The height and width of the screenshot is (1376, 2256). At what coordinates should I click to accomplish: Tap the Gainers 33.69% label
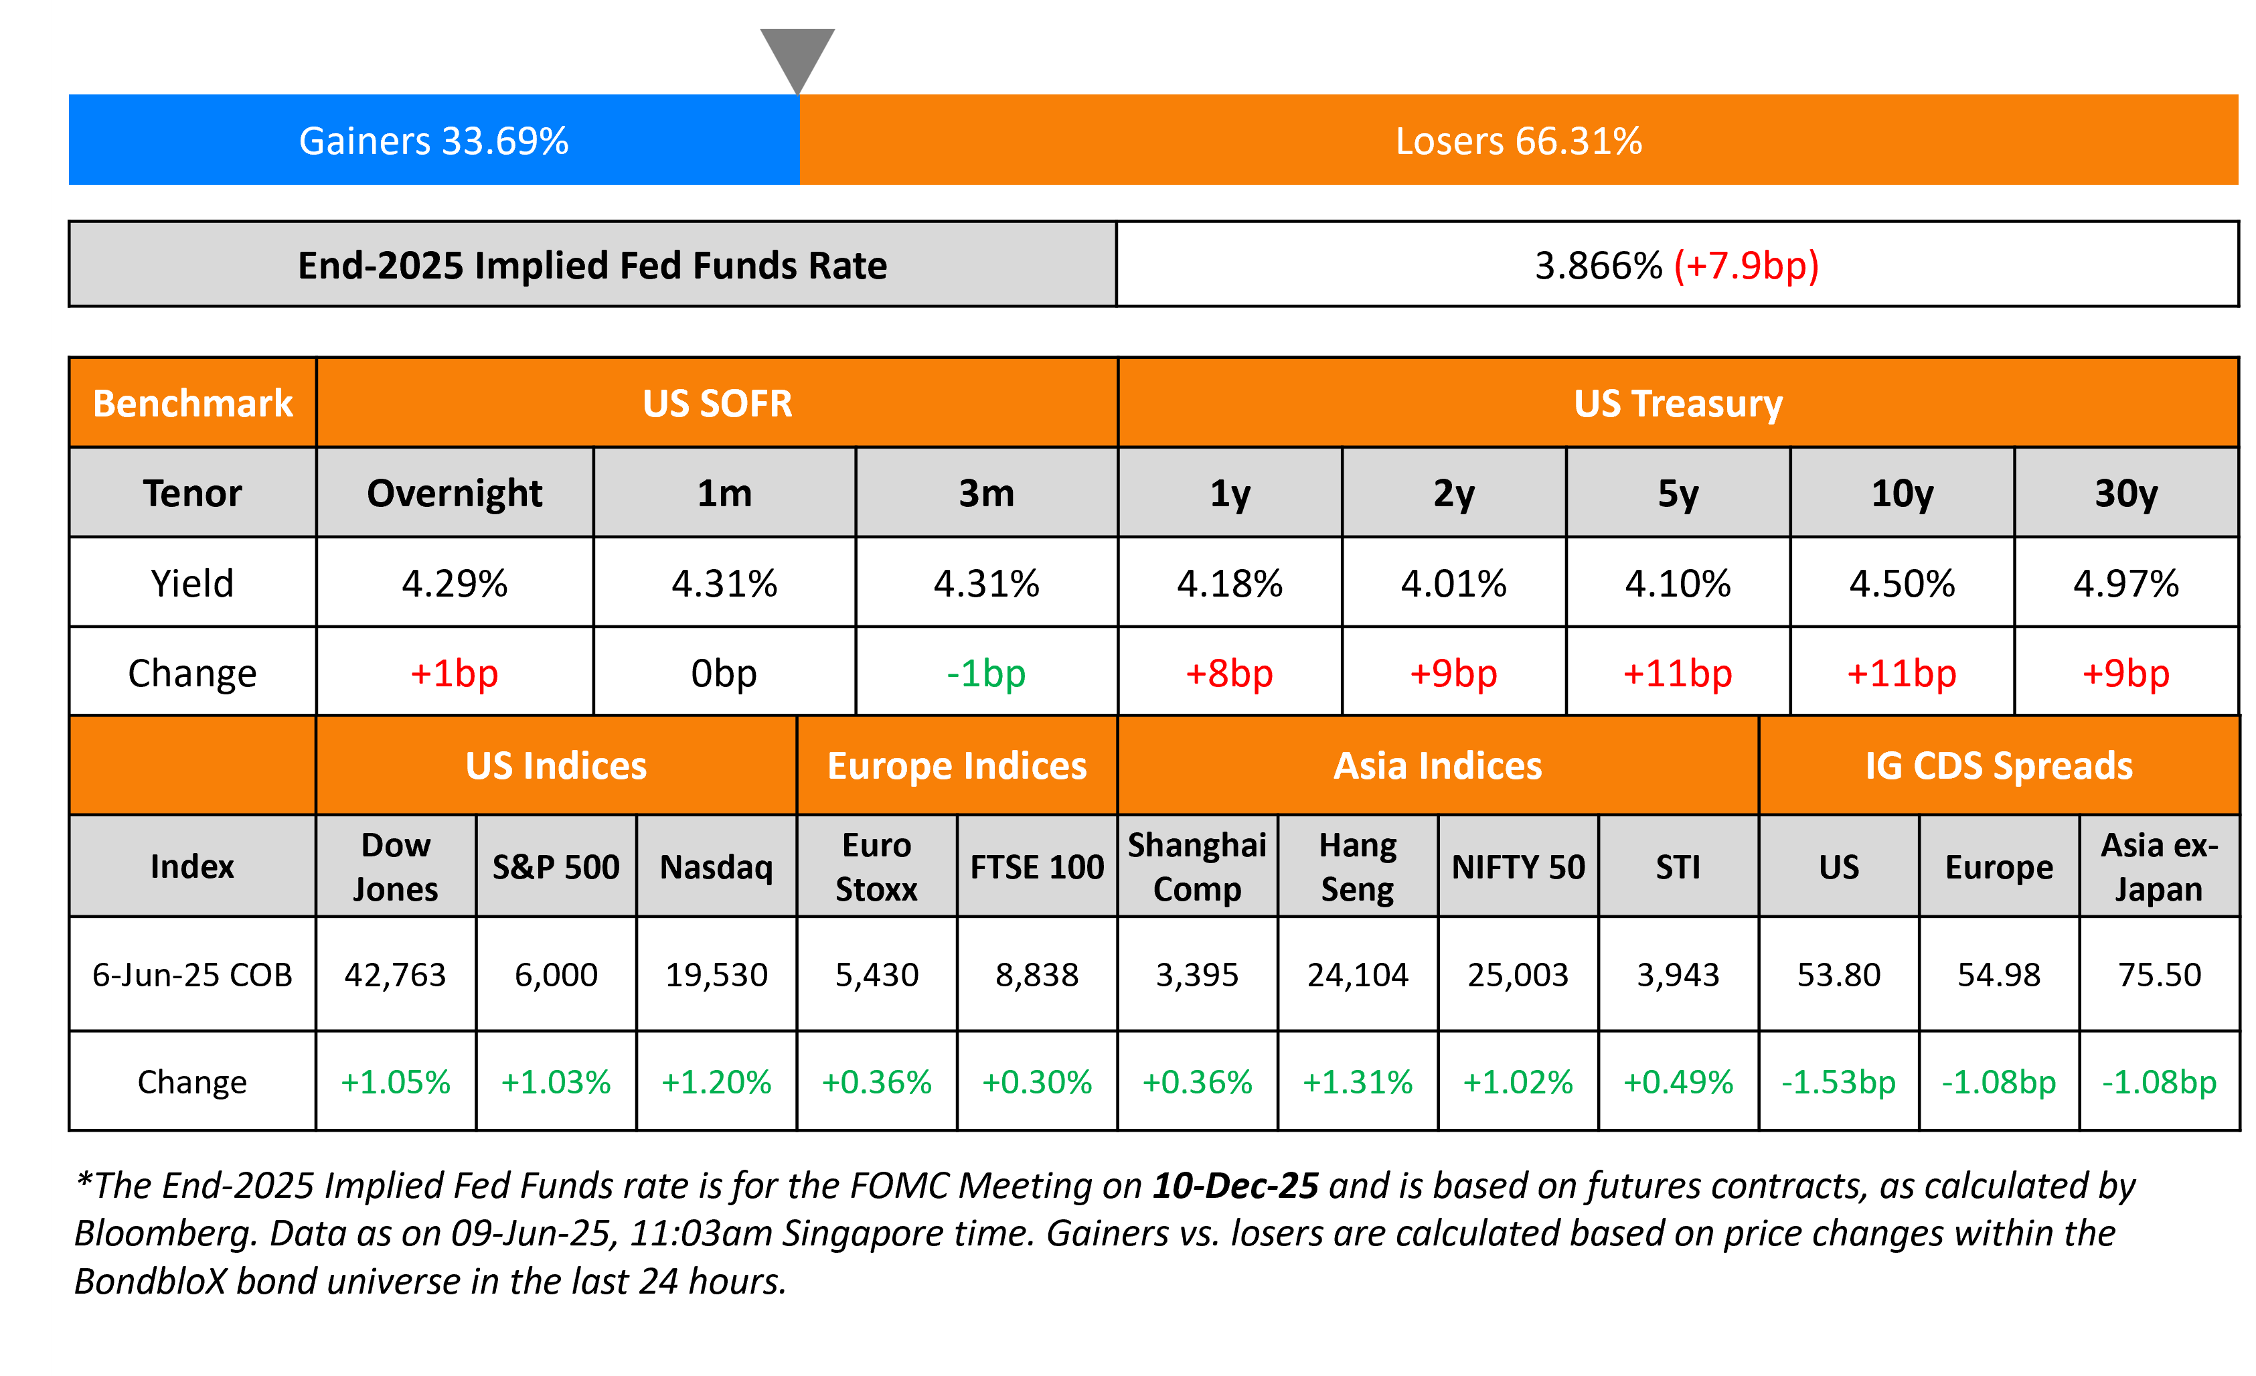433,141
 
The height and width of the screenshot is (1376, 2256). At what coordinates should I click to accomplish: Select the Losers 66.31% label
1518,141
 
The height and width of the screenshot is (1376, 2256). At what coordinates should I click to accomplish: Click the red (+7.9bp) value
1745,266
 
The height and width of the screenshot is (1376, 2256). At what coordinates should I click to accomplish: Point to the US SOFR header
717,404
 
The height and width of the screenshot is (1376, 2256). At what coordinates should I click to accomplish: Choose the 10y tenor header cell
1902,493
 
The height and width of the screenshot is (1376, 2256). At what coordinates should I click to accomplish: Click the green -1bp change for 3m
986,673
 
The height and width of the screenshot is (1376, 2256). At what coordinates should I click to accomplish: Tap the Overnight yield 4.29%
454,583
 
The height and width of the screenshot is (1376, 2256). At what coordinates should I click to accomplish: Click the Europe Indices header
957,765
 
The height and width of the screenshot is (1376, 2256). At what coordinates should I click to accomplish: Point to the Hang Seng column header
1357,866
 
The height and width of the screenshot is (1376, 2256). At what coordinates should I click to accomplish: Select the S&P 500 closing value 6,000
556,974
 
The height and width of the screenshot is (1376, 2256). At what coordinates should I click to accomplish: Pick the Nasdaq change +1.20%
716,1082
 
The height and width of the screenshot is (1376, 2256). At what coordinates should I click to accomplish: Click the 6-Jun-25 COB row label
192,974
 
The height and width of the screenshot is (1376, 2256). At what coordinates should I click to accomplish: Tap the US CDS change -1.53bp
1838,1082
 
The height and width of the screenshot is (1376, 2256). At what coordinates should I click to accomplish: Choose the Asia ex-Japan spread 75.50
2159,974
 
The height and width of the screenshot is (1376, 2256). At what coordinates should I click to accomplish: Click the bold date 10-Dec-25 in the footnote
1235,1186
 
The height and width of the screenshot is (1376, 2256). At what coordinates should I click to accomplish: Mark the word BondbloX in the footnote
150,1282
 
